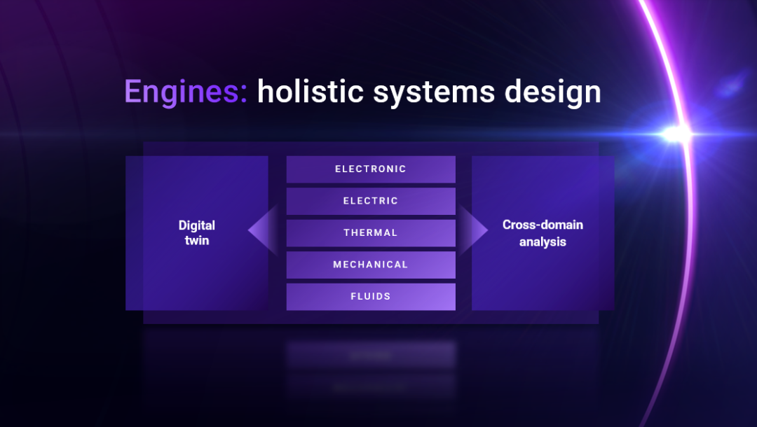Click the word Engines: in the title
pos(186,92)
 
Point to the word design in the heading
pos(553,92)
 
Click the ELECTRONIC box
pos(371,169)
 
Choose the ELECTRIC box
pos(371,201)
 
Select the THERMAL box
pos(371,233)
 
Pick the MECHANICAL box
pos(371,265)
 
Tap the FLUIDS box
pos(371,296)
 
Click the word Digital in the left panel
pos(197,225)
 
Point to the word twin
pos(197,241)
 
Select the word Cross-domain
pos(543,225)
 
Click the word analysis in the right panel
pos(543,241)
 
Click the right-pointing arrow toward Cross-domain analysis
pos(473,230)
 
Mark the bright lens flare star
pos(676,134)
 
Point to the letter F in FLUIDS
pos(353,296)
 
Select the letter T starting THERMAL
pos(347,233)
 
